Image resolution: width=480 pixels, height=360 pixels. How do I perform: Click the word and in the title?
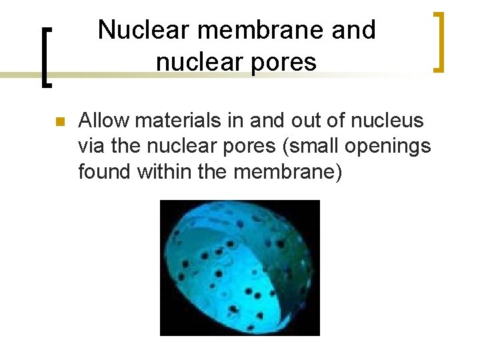356,29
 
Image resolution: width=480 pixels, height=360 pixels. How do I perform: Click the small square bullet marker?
59,122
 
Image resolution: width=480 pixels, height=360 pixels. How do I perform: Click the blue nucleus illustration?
239,267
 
